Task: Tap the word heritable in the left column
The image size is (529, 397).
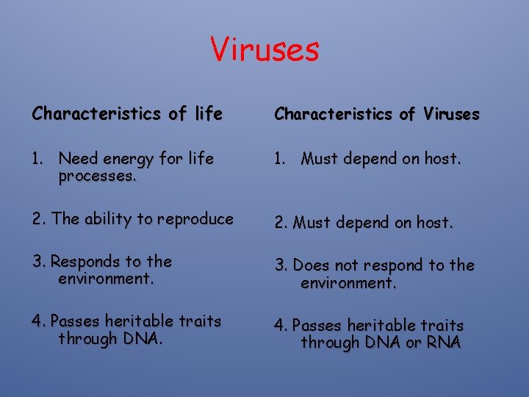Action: (138, 321)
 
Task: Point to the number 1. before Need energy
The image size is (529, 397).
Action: (38, 159)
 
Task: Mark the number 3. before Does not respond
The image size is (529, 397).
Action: (281, 265)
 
